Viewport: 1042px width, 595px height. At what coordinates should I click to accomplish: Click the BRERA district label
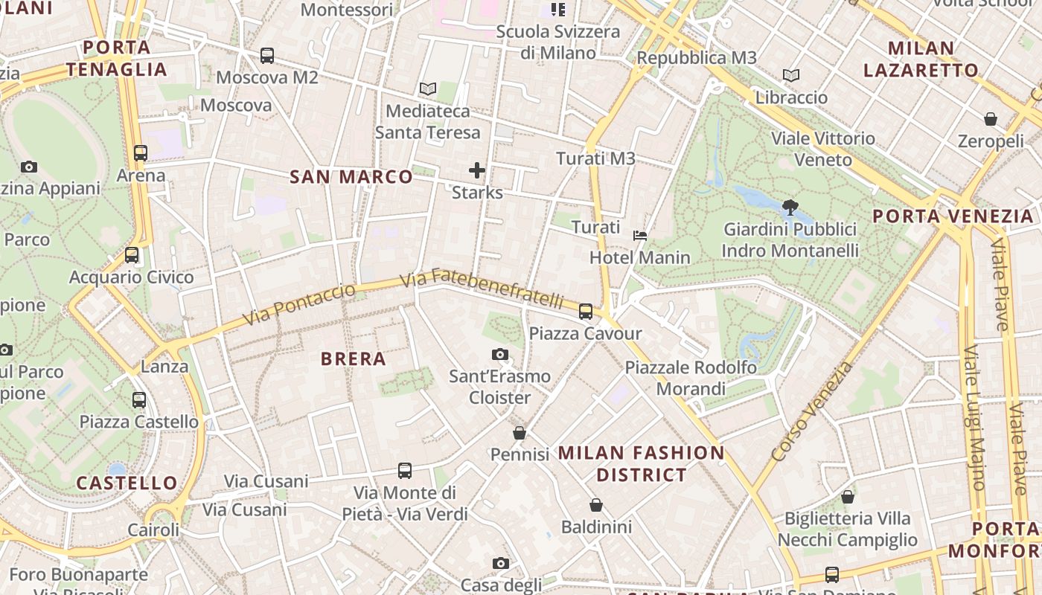coord(353,358)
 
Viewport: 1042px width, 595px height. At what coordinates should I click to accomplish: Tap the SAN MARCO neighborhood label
coord(351,176)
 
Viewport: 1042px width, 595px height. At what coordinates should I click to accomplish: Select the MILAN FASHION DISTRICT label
coord(641,463)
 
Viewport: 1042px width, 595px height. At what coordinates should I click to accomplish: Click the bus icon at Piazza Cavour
coord(586,311)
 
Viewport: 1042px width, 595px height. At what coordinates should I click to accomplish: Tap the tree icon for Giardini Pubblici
coord(790,208)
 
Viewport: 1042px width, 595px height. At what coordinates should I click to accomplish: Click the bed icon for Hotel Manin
coord(639,236)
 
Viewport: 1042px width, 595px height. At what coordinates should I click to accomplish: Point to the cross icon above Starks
coord(477,170)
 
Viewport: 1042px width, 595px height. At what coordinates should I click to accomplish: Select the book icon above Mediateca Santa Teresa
coord(427,89)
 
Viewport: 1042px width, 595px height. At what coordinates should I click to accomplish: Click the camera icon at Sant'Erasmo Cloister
coord(500,354)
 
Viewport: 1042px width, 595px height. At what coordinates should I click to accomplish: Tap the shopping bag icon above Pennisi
coord(520,432)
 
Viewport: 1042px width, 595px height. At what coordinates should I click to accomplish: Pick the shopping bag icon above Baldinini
coord(596,505)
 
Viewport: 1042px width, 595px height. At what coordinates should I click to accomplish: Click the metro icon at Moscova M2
coord(266,55)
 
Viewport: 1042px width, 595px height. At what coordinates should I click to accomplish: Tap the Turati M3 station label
coord(596,158)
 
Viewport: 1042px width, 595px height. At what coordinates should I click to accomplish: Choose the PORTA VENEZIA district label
coord(953,216)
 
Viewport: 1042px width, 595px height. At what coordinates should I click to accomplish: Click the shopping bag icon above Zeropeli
coord(991,119)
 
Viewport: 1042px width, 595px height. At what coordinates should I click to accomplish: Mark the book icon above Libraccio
coord(791,75)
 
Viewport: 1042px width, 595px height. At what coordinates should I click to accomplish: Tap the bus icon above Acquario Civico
coord(132,255)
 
